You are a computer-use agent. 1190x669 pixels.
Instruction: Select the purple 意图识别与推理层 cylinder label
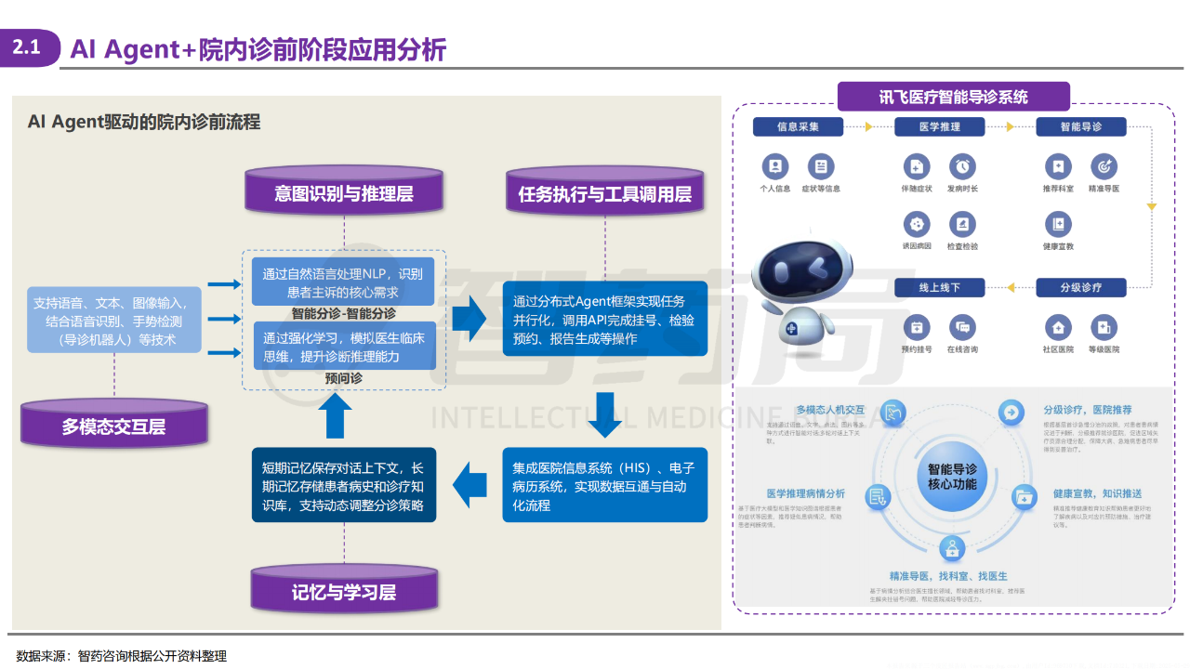tap(343, 193)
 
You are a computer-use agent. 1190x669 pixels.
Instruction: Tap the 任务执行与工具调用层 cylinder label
tap(604, 193)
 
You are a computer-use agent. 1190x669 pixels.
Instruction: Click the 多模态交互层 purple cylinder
tap(113, 426)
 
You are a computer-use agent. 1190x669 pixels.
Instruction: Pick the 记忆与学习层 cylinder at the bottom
tap(343, 592)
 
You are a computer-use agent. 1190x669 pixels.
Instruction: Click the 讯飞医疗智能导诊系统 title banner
tap(953, 97)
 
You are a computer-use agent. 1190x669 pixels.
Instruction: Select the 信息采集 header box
tap(798, 126)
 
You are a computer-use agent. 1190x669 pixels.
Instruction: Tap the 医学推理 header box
tap(939, 126)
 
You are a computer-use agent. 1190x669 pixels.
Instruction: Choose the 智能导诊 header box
tap(1080, 126)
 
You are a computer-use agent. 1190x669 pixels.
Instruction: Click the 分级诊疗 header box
tap(1080, 287)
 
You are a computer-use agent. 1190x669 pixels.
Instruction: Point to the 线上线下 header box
tap(939, 287)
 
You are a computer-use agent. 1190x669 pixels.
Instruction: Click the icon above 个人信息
tap(774, 166)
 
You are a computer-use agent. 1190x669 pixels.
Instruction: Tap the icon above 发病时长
tap(962, 166)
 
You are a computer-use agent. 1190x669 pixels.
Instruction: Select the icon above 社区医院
tap(1057, 327)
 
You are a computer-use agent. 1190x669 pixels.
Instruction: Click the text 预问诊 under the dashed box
tap(343, 379)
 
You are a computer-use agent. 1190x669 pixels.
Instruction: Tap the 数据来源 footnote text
tap(121, 656)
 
